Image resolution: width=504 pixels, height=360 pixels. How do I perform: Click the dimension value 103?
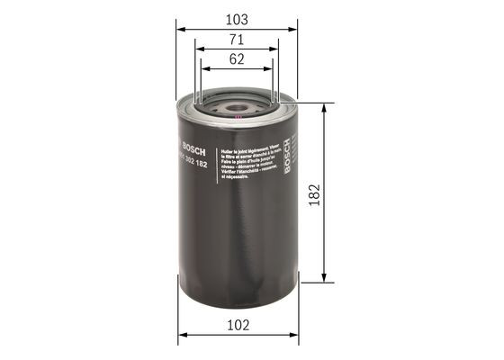click(x=237, y=17)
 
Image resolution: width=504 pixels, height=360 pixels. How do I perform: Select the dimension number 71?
click(x=237, y=40)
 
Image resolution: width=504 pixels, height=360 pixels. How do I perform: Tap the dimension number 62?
click(x=237, y=59)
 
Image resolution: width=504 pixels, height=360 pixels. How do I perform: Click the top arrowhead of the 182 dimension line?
click(x=323, y=107)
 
